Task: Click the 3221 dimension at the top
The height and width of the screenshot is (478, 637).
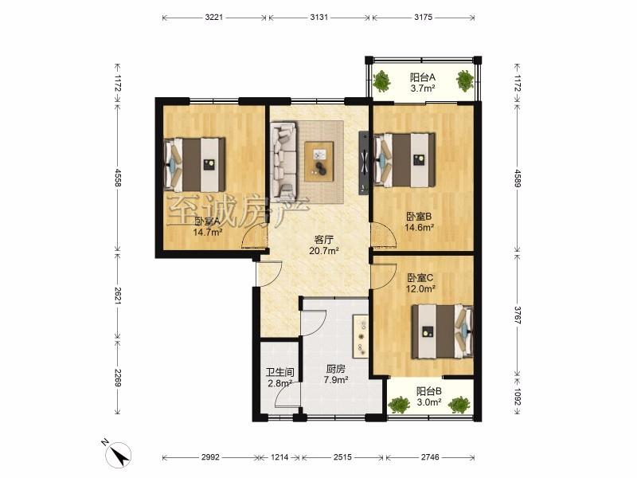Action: (213, 18)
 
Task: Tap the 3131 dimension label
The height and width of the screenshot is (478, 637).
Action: (319, 18)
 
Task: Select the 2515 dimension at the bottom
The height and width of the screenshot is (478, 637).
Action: (342, 457)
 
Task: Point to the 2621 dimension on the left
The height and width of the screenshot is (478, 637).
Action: (117, 296)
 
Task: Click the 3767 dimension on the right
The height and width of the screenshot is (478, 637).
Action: (517, 315)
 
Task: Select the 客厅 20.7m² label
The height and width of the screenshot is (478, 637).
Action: (324, 245)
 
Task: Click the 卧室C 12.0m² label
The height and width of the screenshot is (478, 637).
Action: (420, 284)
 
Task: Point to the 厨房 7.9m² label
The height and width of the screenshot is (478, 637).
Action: (335, 374)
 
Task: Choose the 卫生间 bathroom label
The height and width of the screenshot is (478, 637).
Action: (279, 372)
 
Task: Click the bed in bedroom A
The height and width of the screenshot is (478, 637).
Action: (194, 165)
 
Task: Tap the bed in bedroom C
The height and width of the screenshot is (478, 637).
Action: (443, 331)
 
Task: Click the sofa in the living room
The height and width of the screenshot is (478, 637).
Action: (284, 156)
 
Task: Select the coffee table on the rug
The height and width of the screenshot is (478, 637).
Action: (319, 162)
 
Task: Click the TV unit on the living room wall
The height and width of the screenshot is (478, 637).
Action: (363, 163)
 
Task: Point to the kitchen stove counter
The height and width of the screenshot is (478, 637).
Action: (361, 336)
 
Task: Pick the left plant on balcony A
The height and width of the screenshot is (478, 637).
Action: (382, 80)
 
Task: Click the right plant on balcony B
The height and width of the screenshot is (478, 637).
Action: (459, 405)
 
